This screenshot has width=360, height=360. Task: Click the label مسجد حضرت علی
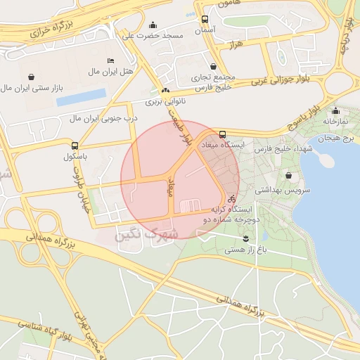(153, 35)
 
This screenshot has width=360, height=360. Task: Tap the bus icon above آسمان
(205, 20)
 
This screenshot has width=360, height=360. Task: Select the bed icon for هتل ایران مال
(110, 60)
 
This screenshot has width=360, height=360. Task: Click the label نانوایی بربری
(164, 102)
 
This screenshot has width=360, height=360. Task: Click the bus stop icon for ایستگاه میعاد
(223, 134)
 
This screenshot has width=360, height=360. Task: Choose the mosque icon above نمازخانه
(336, 110)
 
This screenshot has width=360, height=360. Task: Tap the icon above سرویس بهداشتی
(289, 176)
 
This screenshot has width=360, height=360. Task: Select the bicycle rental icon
(231, 199)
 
